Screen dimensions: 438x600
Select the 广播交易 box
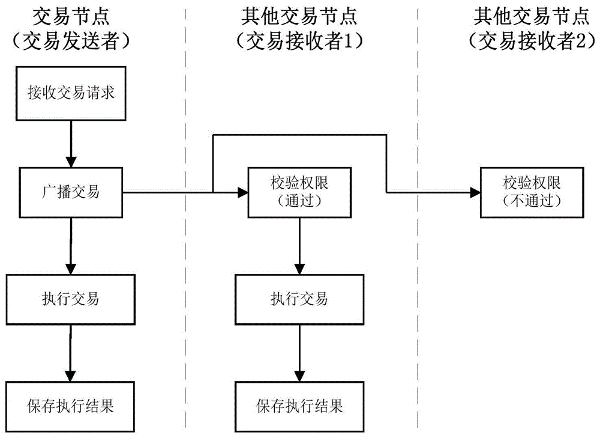71,192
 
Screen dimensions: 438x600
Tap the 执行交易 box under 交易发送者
71,298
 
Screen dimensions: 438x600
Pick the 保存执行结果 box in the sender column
71,406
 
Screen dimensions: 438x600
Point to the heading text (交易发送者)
71,41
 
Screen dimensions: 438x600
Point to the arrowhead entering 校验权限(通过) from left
243,192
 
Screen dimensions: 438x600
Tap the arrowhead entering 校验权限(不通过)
475,192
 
